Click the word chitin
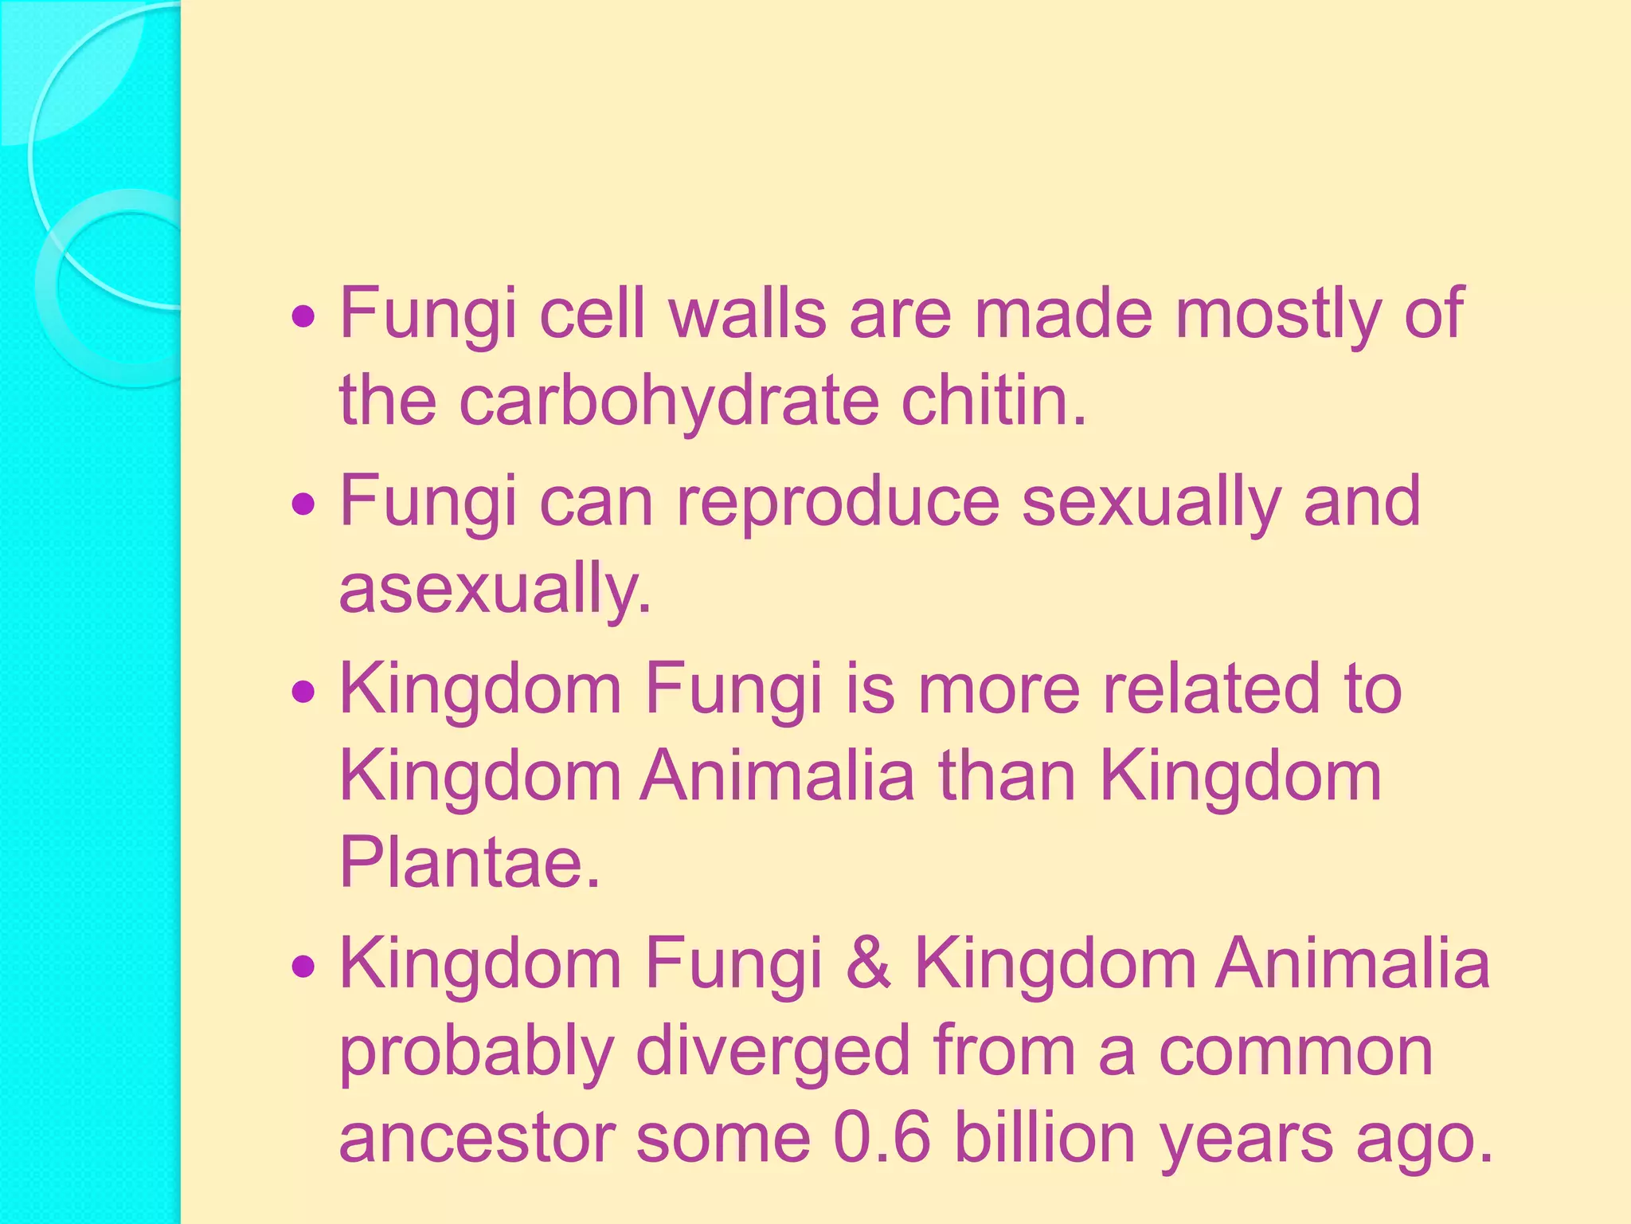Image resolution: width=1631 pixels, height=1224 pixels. pyautogui.click(x=993, y=400)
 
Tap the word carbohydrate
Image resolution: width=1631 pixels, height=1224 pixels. pyautogui.click(x=669, y=400)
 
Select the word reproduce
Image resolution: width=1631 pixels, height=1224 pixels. pyautogui.click(x=838, y=501)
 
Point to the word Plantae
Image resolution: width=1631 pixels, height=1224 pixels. pyautogui.click(x=469, y=862)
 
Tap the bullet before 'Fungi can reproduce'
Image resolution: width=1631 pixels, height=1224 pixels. pyautogui.click(x=303, y=505)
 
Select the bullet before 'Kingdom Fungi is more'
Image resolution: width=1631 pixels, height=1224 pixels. pyautogui.click(x=303, y=692)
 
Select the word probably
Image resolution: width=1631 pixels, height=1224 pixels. pyautogui.click(x=476, y=1052)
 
